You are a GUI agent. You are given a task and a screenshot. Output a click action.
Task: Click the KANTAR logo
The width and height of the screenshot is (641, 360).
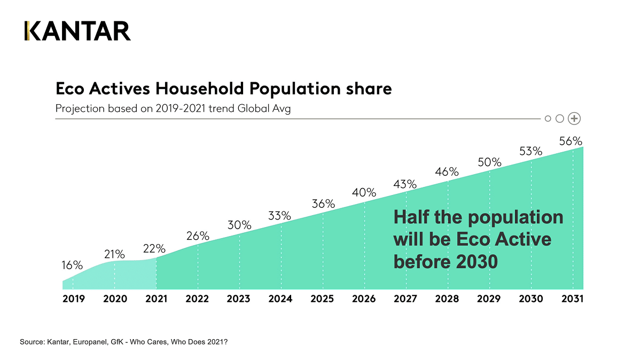click(x=77, y=31)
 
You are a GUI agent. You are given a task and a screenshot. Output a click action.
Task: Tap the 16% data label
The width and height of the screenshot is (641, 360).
click(x=72, y=265)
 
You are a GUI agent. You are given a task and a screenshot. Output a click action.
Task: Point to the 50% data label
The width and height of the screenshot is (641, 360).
click(x=489, y=162)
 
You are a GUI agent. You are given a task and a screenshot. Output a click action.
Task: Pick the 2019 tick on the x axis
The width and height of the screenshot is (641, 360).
click(x=74, y=299)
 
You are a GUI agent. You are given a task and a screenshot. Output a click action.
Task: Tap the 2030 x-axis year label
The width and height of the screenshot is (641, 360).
click(x=531, y=299)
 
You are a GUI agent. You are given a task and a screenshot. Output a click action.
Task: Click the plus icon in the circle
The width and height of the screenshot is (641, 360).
click(x=574, y=119)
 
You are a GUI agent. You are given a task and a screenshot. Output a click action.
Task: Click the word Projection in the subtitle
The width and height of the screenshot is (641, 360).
click(x=80, y=109)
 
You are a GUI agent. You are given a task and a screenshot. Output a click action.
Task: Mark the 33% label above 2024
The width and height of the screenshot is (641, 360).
click(x=280, y=216)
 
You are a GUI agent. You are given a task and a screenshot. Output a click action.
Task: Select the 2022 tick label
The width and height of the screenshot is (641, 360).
click(x=197, y=299)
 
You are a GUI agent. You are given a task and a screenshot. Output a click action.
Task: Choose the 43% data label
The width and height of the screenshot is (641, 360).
click(x=405, y=184)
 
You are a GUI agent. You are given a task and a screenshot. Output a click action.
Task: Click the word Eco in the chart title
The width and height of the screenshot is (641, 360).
click(x=71, y=89)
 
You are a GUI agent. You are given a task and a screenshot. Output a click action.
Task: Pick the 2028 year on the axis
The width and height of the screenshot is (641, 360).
click(x=448, y=299)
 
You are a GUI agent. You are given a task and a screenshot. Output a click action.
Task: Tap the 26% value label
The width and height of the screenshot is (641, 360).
click(x=198, y=236)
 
